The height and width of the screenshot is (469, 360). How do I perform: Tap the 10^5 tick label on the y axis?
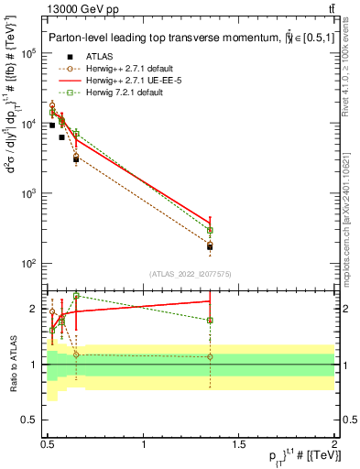pyautogui.click(x=30, y=53)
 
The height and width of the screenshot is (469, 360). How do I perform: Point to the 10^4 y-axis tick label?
pyautogui.click(x=30, y=124)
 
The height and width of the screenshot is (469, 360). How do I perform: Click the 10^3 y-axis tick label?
pyautogui.click(x=30, y=193)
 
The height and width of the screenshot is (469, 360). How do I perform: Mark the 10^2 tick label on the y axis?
pyautogui.click(x=30, y=264)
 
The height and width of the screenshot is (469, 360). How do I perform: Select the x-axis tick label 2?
pyautogui.click(x=334, y=444)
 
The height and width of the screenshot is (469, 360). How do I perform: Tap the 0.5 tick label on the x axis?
pyautogui.click(x=49, y=444)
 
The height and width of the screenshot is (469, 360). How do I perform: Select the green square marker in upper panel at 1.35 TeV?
pyautogui.click(x=210, y=230)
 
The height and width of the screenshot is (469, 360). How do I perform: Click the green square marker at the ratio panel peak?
pyautogui.click(x=76, y=296)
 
